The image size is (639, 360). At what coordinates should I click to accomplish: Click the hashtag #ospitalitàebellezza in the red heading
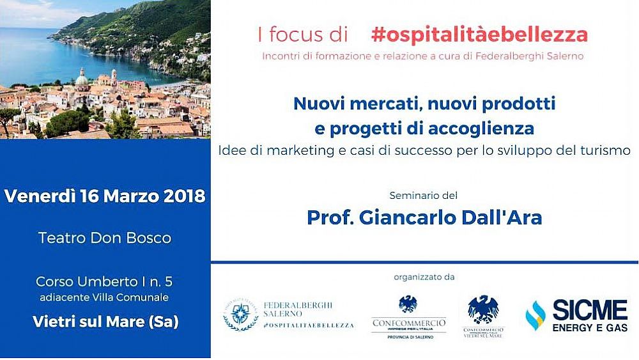point(479,35)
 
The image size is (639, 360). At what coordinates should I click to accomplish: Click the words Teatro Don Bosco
point(105,238)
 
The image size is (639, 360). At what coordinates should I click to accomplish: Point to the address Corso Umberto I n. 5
point(105,281)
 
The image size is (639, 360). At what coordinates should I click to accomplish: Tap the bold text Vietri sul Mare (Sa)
point(105,322)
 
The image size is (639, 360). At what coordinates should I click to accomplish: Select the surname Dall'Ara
point(506,217)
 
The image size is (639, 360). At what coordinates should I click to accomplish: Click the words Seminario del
point(424,194)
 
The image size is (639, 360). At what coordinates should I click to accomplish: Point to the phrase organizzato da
point(424,278)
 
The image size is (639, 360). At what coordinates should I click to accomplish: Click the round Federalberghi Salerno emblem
point(240,314)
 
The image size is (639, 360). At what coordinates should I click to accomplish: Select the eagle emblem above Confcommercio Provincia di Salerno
point(408,304)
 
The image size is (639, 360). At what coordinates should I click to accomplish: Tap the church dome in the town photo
point(82,80)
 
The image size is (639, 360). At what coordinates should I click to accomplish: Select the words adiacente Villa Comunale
point(105,297)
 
